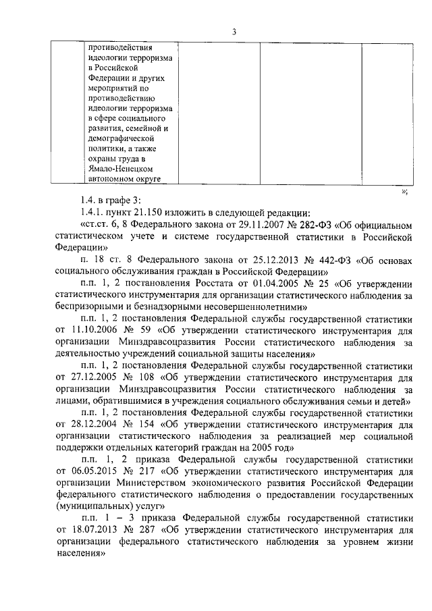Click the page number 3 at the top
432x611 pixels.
pos(233,30)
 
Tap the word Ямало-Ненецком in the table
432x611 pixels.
pos(124,169)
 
